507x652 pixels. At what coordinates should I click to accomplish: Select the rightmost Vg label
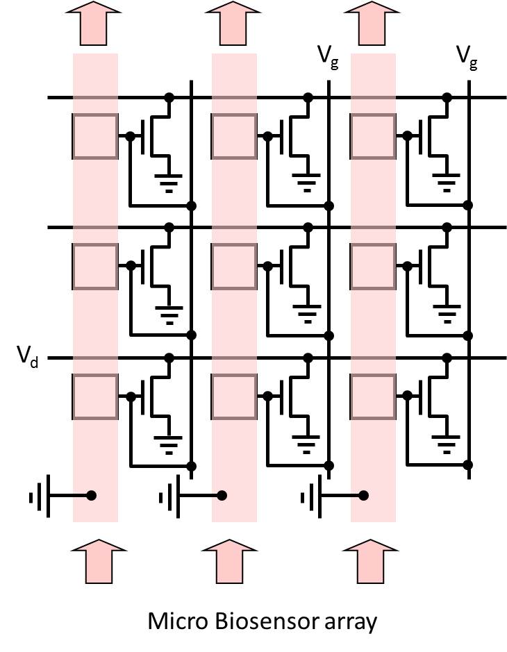point(467,56)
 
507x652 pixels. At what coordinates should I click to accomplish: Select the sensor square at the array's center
point(234,266)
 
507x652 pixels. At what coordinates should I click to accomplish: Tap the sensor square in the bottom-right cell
point(374,396)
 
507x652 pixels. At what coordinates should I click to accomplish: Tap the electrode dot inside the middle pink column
point(222,496)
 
